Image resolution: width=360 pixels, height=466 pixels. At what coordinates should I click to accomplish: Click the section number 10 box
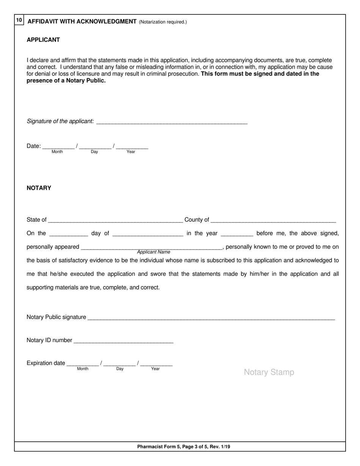(19, 20)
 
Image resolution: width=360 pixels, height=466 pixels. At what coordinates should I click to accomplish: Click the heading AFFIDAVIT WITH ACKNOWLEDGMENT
(82, 22)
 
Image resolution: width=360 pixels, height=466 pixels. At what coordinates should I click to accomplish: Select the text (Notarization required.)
(163, 22)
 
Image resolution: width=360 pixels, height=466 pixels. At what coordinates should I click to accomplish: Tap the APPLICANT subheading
(43, 40)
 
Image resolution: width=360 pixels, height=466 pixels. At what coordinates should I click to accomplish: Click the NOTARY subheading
(39, 188)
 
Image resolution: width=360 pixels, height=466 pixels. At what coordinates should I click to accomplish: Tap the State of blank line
(116, 220)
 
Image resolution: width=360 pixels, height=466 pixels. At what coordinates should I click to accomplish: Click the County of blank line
(273, 220)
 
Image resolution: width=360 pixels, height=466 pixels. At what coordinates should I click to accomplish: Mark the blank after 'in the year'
(236, 233)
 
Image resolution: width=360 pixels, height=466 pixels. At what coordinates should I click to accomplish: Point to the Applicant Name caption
(153, 252)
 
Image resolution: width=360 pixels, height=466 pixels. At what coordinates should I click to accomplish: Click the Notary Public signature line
(211, 317)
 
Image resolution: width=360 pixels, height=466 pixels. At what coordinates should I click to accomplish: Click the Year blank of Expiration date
(156, 363)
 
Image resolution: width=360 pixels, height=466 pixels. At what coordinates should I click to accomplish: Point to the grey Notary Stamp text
(269, 372)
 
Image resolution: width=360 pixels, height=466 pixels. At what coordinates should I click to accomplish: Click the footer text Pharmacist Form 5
(183, 447)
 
